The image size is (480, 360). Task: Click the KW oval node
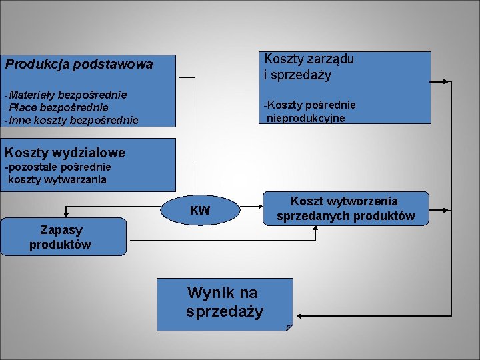(x=200, y=211)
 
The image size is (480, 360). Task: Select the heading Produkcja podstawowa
(x=79, y=65)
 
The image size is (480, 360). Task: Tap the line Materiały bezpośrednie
(x=67, y=95)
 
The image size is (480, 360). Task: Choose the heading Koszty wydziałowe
(x=65, y=154)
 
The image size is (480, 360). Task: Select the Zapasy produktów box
(x=62, y=237)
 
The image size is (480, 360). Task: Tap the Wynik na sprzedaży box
(x=225, y=303)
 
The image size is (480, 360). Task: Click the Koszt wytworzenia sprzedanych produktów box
(x=345, y=209)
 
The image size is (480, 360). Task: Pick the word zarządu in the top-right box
(x=332, y=59)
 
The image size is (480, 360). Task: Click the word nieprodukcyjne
(x=306, y=118)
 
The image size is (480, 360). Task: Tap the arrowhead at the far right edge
(x=447, y=82)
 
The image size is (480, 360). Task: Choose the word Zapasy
(x=61, y=230)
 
